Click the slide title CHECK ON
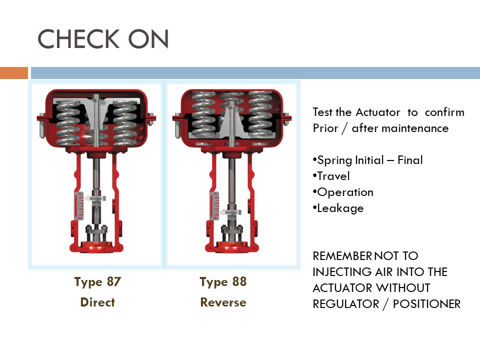click(103, 39)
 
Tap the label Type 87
click(97, 281)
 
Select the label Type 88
click(223, 281)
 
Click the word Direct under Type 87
click(97, 302)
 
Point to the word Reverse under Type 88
click(223, 302)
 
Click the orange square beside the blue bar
click(13, 73)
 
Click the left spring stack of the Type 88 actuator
click(202, 116)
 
